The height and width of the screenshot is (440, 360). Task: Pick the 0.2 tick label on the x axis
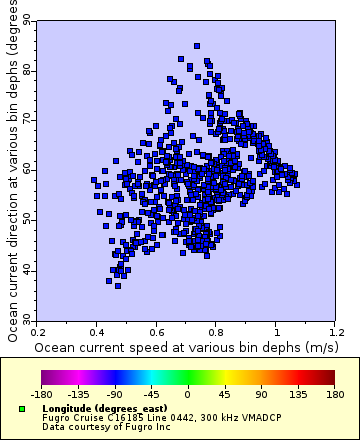click(x=37, y=330)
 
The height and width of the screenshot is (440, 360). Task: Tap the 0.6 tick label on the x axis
click(x=157, y=330)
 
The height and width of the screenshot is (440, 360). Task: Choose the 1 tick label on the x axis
click(x=277, y=330)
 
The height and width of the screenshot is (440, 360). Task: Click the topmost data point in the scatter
click(x=197, y=46)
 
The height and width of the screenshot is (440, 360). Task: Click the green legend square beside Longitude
click(x=22, y=409)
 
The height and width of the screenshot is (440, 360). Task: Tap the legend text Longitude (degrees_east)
click(x=84, y=409)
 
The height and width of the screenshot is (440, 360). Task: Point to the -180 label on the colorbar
click(x=41, y=394)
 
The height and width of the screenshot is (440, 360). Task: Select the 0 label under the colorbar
click(x=188, y=394)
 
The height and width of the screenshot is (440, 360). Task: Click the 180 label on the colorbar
click(x=334, y=394)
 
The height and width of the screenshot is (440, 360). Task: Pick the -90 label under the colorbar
click(x=115, y=394)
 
